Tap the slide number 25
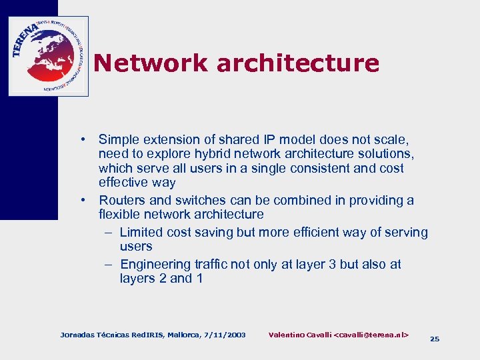coord(435,339)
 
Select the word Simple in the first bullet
coord(119,140)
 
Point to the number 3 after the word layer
coord(333,265)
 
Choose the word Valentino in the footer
coord(289,334)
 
